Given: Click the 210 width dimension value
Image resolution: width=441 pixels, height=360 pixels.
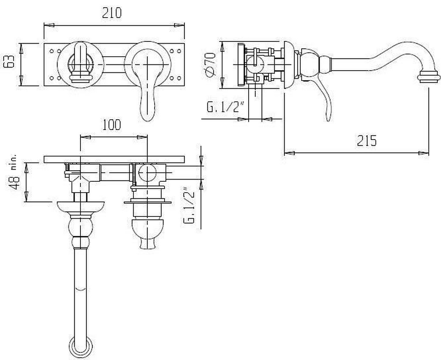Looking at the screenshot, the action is (111, 13).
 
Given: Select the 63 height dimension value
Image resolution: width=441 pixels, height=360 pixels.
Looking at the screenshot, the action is (9, 61).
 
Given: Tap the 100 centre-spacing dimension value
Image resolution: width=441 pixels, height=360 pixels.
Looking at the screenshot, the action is (111, 125).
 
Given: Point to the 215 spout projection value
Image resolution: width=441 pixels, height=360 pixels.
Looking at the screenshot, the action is (367, 141).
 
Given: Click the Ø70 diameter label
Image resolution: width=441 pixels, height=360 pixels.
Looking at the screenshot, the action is (210, 64).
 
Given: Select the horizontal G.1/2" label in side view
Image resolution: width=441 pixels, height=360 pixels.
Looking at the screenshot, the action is (225, 107).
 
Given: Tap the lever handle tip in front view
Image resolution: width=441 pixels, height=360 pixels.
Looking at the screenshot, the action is (147, 120).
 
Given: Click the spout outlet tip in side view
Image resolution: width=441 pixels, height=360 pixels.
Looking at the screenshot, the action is (428, 81).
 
